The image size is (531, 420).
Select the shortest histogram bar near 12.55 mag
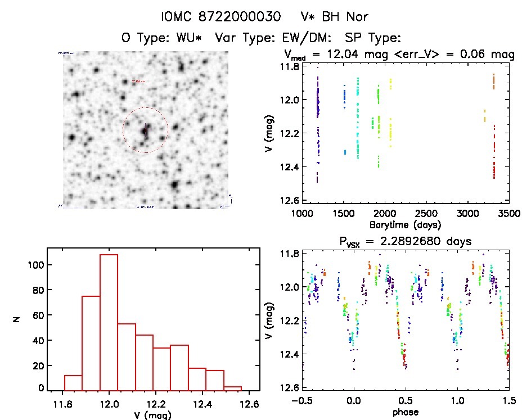233,389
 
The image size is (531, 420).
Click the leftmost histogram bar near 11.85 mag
73,383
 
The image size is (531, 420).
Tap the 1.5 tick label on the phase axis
508,400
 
